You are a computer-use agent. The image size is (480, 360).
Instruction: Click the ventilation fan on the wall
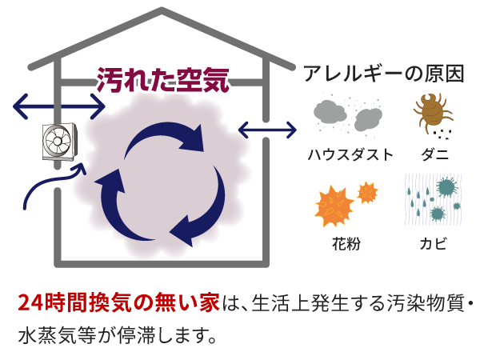pos(59,143)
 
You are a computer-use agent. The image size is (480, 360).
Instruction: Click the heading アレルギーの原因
pos(384,74)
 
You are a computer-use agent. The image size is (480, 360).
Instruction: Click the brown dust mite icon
pos(432,114)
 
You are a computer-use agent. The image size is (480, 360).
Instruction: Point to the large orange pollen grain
pos(334,205)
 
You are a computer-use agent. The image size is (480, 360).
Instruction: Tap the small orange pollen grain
pos(367,192)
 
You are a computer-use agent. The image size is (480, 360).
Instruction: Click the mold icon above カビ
pos(432,198)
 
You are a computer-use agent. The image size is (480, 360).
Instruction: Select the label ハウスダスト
pos(350,154)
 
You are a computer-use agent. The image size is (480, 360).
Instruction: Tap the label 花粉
pos(346,242)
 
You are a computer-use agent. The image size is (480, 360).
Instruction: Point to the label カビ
pos(433,242)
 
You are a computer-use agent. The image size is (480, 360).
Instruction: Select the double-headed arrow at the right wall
pos(267,128)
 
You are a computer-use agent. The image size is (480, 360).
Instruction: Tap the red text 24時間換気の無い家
pos(118,303)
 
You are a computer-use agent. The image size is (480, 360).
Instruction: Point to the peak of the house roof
pos(162,10)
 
